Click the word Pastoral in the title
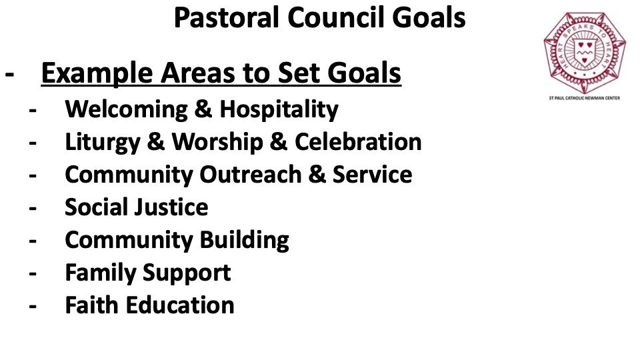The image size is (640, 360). coord(227,17)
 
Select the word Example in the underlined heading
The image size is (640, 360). coord(97,73)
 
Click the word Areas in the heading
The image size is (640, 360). coord(198,73)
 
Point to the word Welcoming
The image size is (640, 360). coord(127,110)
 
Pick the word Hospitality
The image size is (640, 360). coord(279,110)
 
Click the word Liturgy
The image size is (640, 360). coord(103,143)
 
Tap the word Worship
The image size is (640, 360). coord(217,143)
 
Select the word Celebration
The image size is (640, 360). coord(358,142)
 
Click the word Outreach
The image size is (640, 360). coord(250,175)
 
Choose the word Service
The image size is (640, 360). coord(372,175)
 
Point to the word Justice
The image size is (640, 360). coord(172,207)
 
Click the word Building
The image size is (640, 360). coord(245,241)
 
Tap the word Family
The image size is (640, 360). coord(101,273)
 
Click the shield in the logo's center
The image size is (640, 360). coord(584,51)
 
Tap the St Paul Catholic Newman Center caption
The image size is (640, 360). coord(585,98)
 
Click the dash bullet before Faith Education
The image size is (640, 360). coord(33,307)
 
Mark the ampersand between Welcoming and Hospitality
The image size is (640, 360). coord(204,109)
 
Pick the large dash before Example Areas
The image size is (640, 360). coord(9,75)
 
